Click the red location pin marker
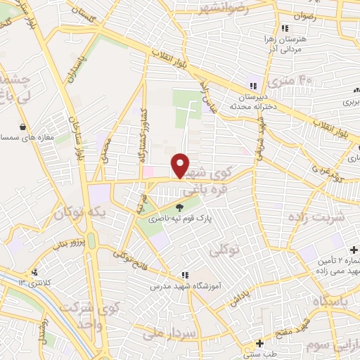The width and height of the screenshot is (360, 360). point(181,165)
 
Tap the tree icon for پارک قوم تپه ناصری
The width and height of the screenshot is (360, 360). point(179,207)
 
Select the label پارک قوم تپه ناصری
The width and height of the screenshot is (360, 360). point(179,220)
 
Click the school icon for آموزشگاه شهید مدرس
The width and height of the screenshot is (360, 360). point(184,275)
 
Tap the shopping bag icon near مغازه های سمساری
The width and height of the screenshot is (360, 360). point(24,127)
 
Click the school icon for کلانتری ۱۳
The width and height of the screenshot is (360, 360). point(34,272)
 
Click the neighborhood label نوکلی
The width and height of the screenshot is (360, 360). point(226,250)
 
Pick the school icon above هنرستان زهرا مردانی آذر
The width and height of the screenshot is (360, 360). point(284,29)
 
